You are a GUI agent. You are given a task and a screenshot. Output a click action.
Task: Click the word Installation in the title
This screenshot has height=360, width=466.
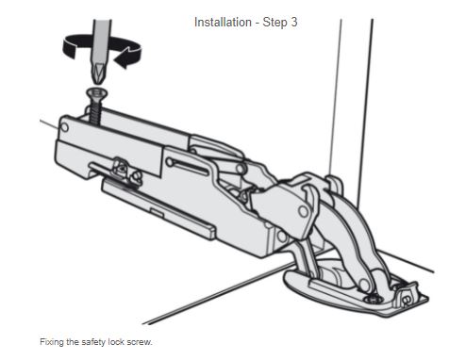click(x=223, y=23)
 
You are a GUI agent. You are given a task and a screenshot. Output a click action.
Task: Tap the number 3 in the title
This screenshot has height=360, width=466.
click(x=293, y=23)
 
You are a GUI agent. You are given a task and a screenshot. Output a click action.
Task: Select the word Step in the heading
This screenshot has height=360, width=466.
click(x=275, y=23)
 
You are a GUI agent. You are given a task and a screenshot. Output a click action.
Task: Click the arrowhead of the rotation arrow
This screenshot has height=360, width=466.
click(x=125, y=58)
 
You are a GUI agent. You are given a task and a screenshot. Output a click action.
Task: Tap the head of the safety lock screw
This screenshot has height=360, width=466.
click(x=97, y=92)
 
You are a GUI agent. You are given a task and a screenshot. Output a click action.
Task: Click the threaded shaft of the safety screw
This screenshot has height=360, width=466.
click(x=94, y=110)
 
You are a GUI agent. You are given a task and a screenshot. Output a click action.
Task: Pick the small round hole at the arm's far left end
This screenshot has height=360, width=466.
click(x=64, y=127)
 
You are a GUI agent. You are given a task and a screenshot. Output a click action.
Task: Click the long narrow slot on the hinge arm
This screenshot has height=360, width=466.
click(x=188, y=167)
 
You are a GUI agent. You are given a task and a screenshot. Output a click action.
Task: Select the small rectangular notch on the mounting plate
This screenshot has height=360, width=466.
click(x=157, y=212)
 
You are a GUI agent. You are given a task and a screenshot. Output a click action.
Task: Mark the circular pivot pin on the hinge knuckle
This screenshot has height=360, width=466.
click(x=303, y=211)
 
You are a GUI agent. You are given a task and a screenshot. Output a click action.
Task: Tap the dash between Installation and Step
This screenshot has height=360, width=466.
click(x=258, y=24)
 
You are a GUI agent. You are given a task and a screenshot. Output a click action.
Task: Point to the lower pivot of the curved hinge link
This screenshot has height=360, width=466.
click(x=364, y=285)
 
